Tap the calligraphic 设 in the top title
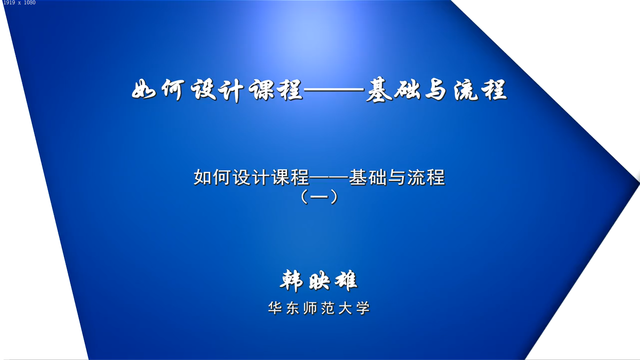pyautogui.click(x=203, y=89)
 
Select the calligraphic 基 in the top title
pyautogui.click(x=380, y=89)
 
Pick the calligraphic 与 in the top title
pyautogui.click(x=436, y=89)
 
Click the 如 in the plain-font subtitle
pyautogui.click(x=202, y=177)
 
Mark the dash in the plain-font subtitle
pyautogui.click(x=329, y=177)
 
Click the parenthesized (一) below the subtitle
pyautogui.click(x=319, y=197)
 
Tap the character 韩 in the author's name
pyautogui.click(x=291, y=281)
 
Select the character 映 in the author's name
pyautogui.click(x=319, y=281)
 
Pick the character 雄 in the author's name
pyautogui.click(x=346, y=281)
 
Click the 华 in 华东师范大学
pyautogui.click(x=275, y=308)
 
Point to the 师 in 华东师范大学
pyautogui.click(x=310, y=308)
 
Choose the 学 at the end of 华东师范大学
pyautogui.click(x=363, y=308)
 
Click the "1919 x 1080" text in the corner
pyautogui.click(x=19, y=3)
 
